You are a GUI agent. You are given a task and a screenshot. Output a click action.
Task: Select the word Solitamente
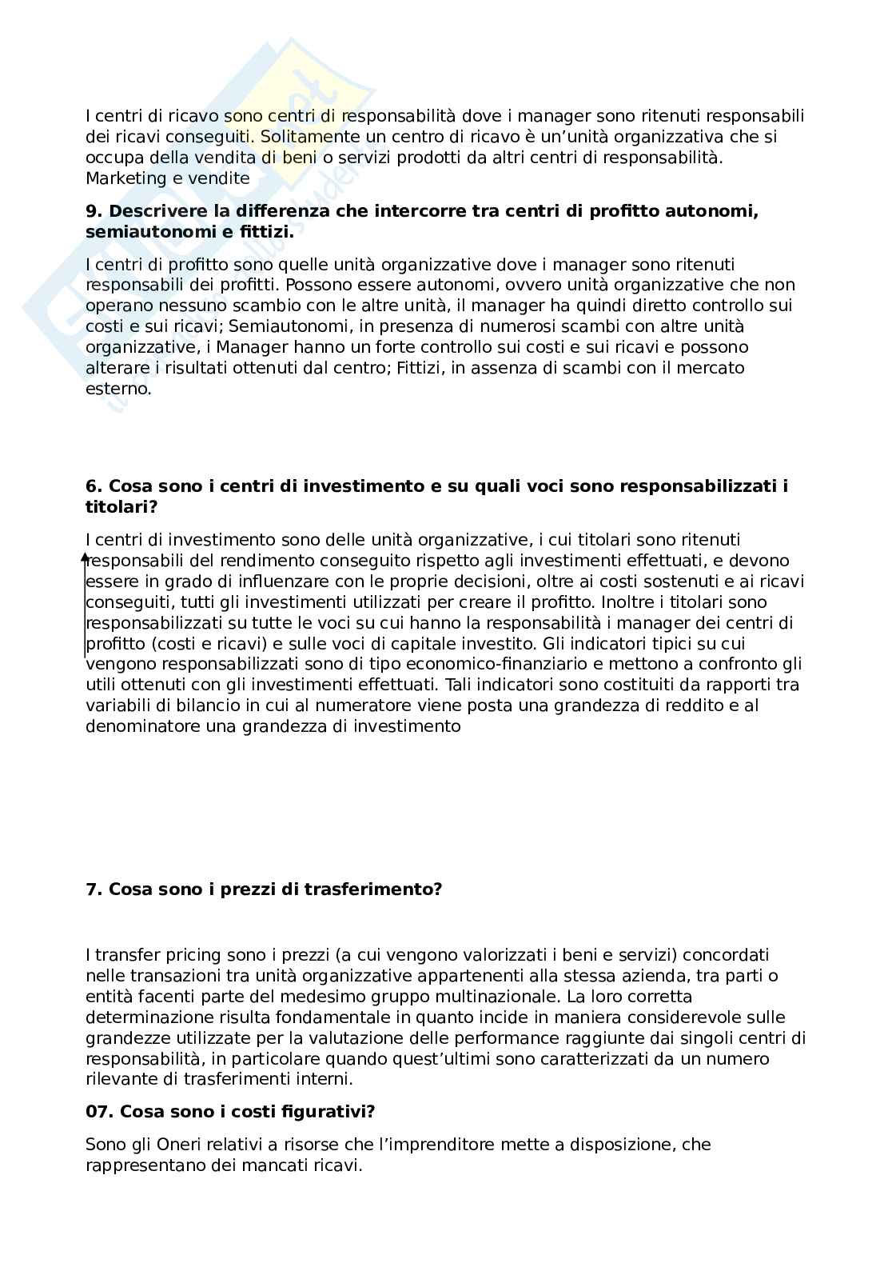pos(305,137)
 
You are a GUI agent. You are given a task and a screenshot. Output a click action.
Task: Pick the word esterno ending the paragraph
pos(117,389)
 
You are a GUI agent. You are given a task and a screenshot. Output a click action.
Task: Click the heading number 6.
pos(94,486)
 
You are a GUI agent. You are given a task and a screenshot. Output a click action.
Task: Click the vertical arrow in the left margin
pos(85,604)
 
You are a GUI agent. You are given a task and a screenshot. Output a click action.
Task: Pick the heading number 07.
pos(98,1112)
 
